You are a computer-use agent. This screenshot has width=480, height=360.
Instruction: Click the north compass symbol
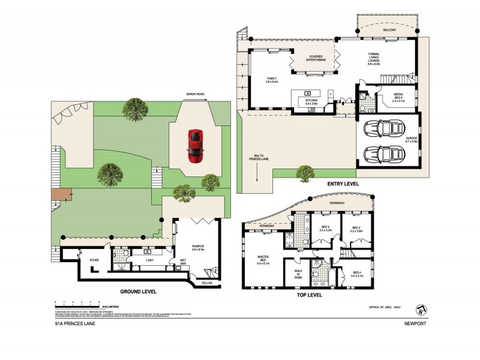pyautogui.click(x=423, y=309)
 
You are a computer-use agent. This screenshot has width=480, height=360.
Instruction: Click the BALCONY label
pyautogui.click(x=387, y=28)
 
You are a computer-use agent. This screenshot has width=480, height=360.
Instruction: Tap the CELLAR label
pyautogui.click(x=207, y=282)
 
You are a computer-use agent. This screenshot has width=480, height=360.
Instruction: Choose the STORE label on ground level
pyautogui.click(x=94, y=260)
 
